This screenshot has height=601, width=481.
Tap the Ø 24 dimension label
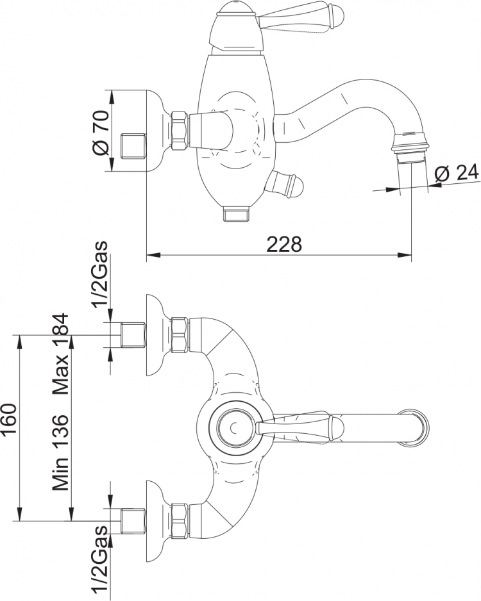[457, 173]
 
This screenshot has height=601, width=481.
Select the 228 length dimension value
[284, 244]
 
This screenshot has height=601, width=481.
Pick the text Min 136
[60, 452]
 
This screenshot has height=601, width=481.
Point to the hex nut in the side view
[180, 130]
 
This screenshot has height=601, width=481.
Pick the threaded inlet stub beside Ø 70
[133, 146]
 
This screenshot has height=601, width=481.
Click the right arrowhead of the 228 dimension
[405, 255]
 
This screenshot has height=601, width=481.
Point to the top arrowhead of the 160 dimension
[19, 343]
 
